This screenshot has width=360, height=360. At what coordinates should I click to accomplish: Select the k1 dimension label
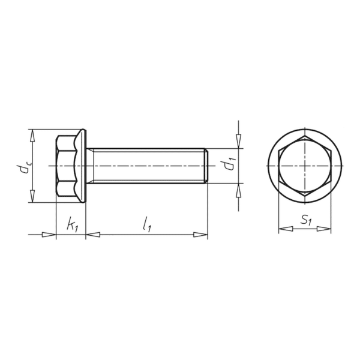coord(73,224)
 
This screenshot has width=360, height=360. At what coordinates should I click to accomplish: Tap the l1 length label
coord(147,225)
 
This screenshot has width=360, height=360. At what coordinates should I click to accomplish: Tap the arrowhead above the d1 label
coord(239,142)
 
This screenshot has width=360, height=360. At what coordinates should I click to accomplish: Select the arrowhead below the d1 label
coord(239,190)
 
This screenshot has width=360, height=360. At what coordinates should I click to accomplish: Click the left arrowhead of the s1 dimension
coord(286,229)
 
